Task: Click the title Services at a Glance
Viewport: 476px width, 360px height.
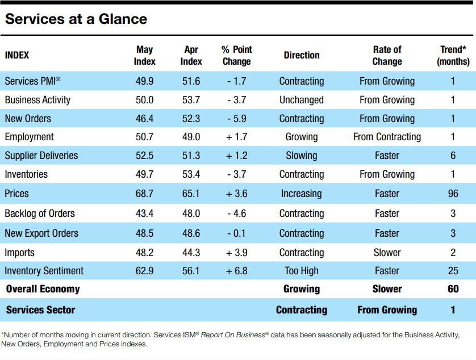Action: [x=76, y=19]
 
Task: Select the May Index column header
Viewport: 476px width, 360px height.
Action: [x=144, y=55]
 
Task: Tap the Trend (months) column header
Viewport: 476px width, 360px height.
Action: [x=453, y=55]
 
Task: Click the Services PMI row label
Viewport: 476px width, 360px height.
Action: [x=32, y=81]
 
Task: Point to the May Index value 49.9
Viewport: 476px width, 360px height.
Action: [x=144, y=81]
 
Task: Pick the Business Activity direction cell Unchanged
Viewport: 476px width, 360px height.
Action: [x=302, y=100]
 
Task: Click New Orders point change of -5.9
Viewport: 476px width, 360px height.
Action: [x=237, y=118]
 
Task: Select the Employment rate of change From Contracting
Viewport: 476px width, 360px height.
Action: [x=387, y=137]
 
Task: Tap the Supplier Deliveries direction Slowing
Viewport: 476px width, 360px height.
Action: [x=302, y=156]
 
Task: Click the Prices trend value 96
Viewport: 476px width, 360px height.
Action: [x=453, y=194]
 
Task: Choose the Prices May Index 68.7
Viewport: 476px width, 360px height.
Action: [x=144, y=194]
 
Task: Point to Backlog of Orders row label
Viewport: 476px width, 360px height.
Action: [x=40, y=214]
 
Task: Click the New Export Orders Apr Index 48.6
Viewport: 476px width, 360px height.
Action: [x=191, y=233]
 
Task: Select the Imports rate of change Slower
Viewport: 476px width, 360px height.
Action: [x=387, y=253]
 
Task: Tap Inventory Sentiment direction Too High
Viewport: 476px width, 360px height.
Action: [x=302, y=271]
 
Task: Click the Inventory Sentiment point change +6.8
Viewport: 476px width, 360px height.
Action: [x=237, y=271]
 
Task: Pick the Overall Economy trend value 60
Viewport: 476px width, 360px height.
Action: [x=453, y=288]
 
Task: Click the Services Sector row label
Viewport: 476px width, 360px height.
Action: [x=40, y=309]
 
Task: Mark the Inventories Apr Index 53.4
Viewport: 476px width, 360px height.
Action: [x=191, y=174]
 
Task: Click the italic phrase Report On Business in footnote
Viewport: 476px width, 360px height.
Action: [x=233, y=335]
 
